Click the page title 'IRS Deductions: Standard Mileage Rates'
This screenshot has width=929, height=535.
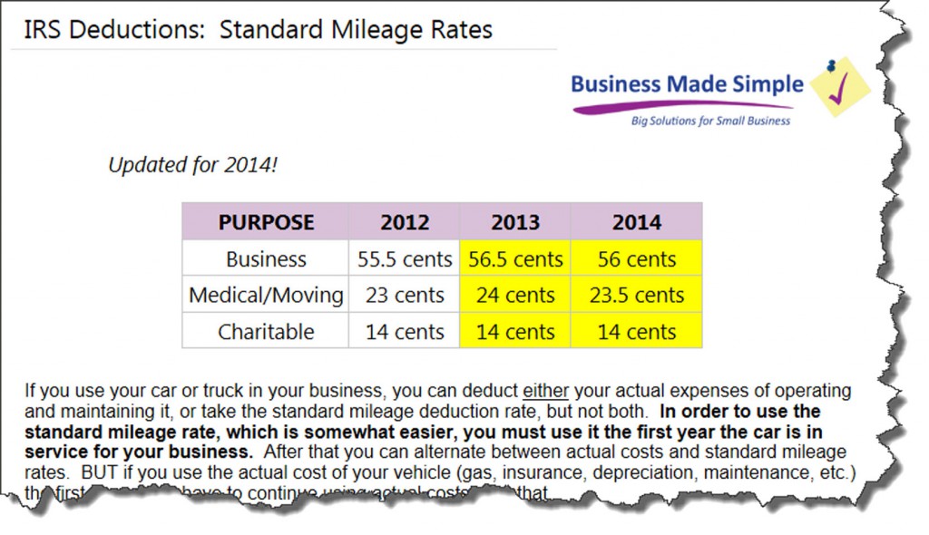[251, 30]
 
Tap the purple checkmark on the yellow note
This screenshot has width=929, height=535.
[841, 88]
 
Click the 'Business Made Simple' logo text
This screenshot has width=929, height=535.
[687, 84]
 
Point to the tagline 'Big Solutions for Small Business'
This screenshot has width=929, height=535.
[710, 121]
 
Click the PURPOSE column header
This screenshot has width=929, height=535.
[266, 222]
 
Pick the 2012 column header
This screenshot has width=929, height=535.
[405, 222]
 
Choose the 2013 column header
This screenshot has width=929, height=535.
[515, 222]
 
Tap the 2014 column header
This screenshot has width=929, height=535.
[636, 222]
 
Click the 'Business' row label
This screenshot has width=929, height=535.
[266, 259]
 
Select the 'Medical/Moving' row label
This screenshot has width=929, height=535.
[266, 296]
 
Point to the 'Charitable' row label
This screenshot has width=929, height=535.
[266, 332]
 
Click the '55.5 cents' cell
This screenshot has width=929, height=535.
[405, 259]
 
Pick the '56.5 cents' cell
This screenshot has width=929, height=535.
[515, 259]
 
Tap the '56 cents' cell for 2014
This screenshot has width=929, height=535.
[636, 259]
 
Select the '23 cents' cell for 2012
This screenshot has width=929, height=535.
[405, 296]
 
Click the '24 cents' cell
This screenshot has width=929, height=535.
[515, 296]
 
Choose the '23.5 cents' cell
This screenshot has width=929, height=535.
[636, 296]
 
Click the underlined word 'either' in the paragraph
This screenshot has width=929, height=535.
[545, 392]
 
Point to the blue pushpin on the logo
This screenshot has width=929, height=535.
[831, 66]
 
